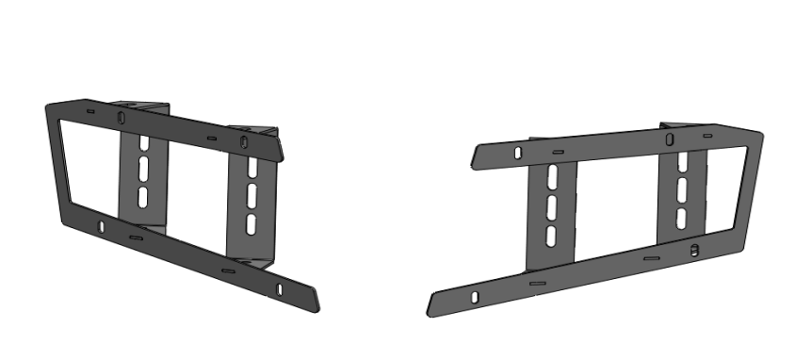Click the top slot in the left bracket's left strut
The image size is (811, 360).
(x=142, y=149)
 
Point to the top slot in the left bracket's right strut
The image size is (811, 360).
(x=252, y=172)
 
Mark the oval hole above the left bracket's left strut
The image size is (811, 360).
(x=122, y=118)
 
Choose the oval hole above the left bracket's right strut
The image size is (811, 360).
(x=244, y=143)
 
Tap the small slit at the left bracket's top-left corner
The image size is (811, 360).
(x=89, y=111)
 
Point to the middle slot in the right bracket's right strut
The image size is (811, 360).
(x=679, y=190)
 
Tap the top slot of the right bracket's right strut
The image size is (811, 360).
(x=679, y=162)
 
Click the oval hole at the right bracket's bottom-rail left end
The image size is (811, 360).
(x=476, y=298)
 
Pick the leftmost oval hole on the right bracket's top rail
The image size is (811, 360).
(x=517, y=152)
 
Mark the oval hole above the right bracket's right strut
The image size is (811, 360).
(x=669, y=139)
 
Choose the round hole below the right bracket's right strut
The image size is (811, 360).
(x=693, y=250)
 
